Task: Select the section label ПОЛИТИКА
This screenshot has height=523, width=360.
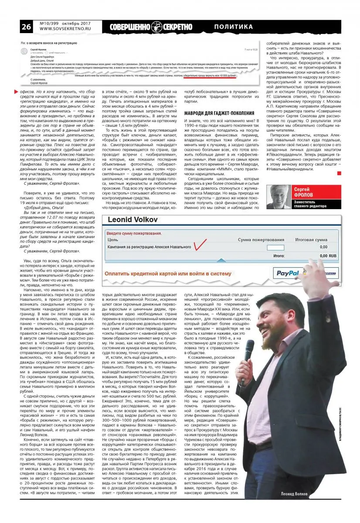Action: [x=234, y=27]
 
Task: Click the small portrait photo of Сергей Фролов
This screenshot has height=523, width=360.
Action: [x=278, y=197]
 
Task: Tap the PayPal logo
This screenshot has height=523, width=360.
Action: [x=287, y=273]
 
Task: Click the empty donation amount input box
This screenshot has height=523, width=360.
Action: [x=275, y=248]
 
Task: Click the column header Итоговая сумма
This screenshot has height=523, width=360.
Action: [x=311, y=240]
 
